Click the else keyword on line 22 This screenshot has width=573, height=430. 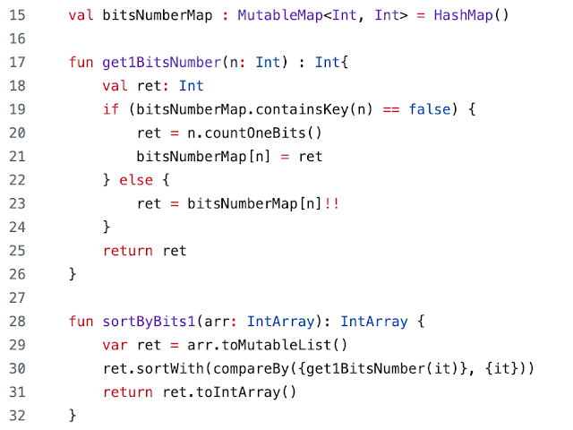pyautogui.click(x=136, y=180)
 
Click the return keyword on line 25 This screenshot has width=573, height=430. pyautogui.click(x=127, y=250)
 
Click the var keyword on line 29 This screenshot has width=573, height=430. pyautogui.click(x=115, y=344)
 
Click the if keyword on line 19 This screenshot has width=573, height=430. pyautogui.click(x=110, y=109)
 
